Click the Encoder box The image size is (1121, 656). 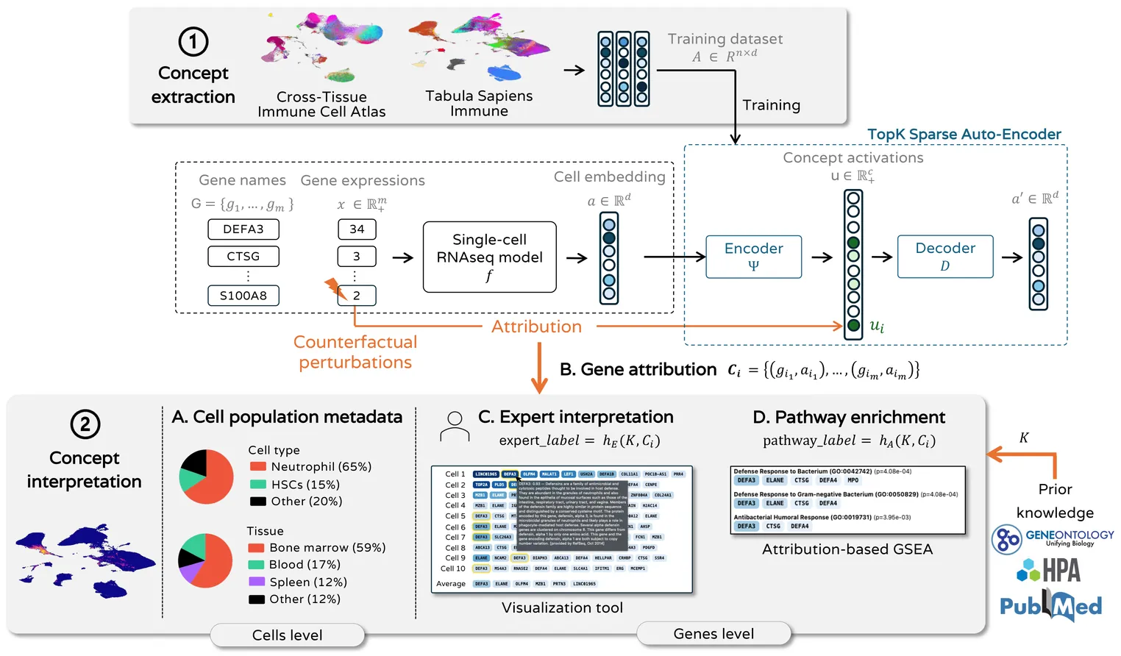pos(753,257)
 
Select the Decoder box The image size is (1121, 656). pos(944,257)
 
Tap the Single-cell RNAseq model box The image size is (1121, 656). pos(489,257)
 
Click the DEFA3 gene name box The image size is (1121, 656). pos(243,229)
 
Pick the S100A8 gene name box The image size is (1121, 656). pos(243,296)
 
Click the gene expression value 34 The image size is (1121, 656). pos(357,229)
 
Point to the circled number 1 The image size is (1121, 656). pos(193,41)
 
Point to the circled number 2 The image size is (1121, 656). pos(85,424)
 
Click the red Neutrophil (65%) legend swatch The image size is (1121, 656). pos(257,467)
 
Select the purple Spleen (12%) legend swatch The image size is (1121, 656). pos(256,582)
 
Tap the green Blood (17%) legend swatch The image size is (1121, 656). pos(256,565)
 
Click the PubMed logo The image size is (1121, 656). pos(1050,605)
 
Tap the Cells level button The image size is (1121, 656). pos(288,635)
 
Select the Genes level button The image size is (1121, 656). pos(713,634)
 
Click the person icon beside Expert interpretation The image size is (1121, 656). pos(455,427)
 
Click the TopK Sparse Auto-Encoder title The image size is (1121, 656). pos(964,135)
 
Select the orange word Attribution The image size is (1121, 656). pos(536,327)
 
